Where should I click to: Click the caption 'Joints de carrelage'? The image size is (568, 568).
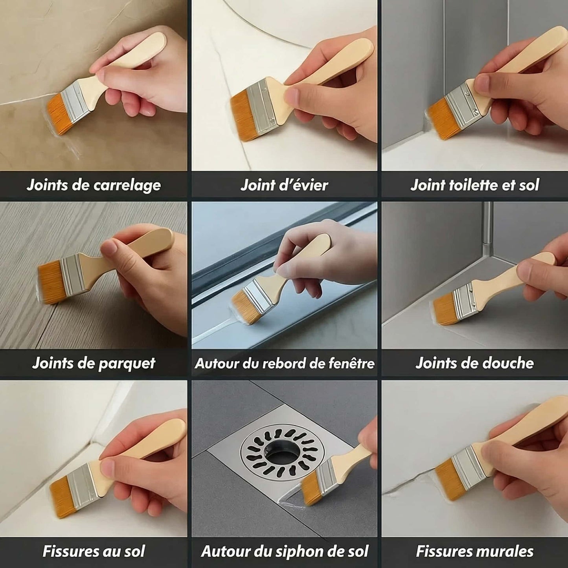click(x=94, y=185)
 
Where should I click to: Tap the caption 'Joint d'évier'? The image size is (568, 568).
click(x=284, y=185)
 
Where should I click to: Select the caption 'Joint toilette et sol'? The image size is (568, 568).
click(x=475, y=185)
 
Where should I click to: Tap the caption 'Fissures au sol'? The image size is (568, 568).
click(x=94, y=551)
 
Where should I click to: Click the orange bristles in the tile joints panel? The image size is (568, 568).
click(x=58, y=114)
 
